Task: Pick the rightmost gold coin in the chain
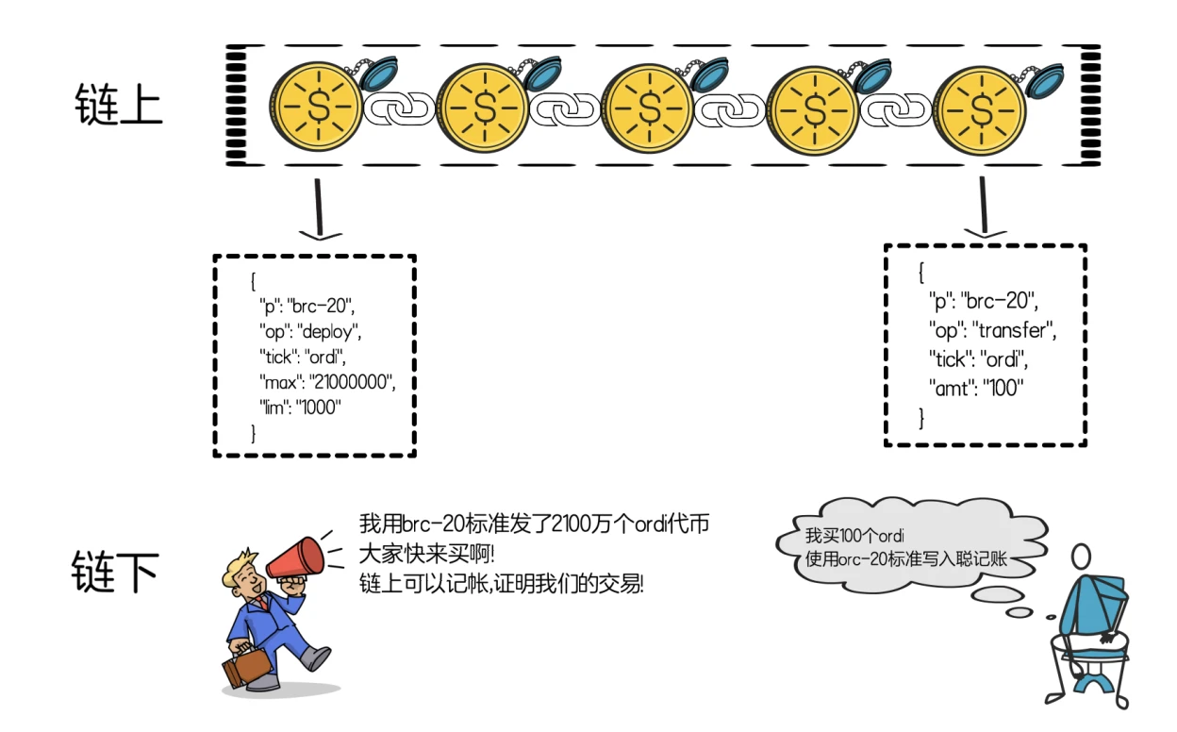point(980,108)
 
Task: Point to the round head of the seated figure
point(1082,555)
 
